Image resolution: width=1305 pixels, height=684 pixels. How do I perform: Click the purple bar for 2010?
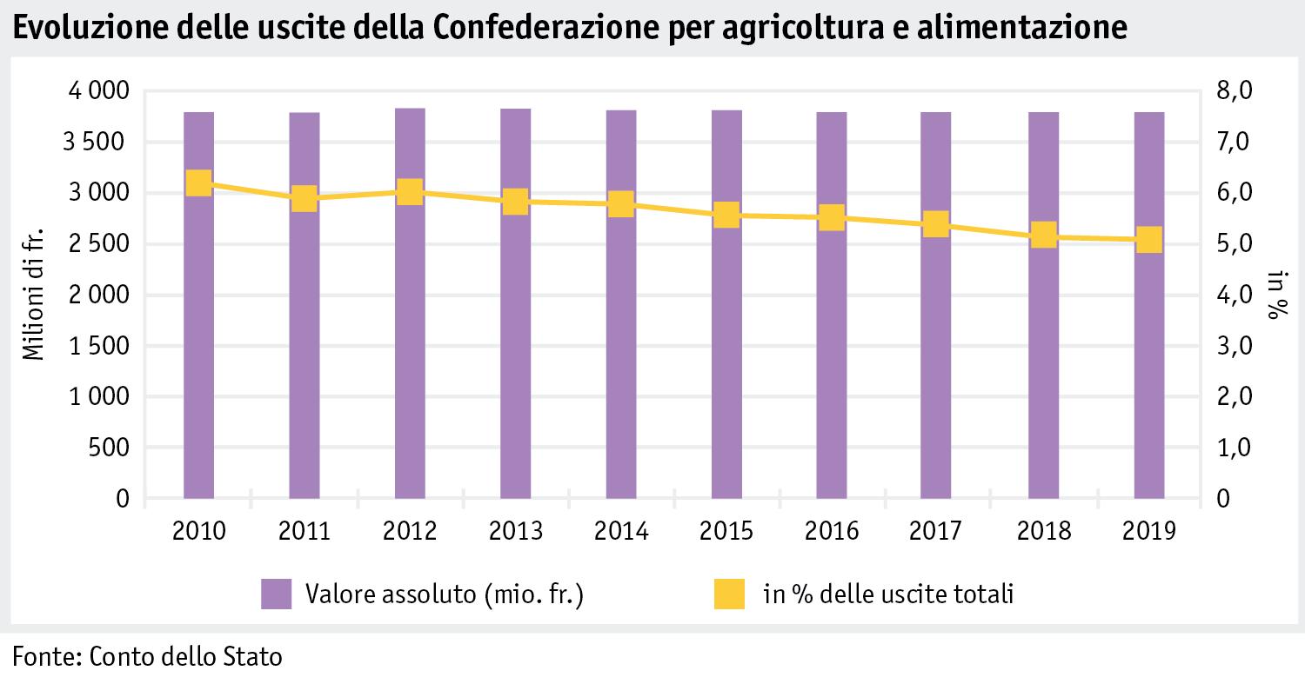tap(199, 348)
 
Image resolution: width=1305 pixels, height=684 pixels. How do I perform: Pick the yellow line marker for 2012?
tap(410, 191)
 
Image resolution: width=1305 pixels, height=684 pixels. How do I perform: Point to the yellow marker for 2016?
tap(832, 217)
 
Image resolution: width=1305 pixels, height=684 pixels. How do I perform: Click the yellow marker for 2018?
tap(1043, 235)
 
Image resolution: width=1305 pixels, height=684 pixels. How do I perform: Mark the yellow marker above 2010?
tap(199, 183)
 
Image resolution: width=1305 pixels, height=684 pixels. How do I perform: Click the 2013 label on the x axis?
tap(515, 531)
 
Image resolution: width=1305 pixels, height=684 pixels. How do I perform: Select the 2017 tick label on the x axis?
tap(938, 531)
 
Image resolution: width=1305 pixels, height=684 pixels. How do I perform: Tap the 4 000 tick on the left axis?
tap(97, 91)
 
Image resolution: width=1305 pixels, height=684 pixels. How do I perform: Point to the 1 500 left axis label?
tap(97, 347)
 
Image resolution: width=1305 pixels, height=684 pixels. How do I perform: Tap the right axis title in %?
tap(1275, 295)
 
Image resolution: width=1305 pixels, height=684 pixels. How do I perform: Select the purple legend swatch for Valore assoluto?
tap(276, 595)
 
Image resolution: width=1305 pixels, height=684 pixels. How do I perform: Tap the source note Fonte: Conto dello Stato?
tap(148, 656)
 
